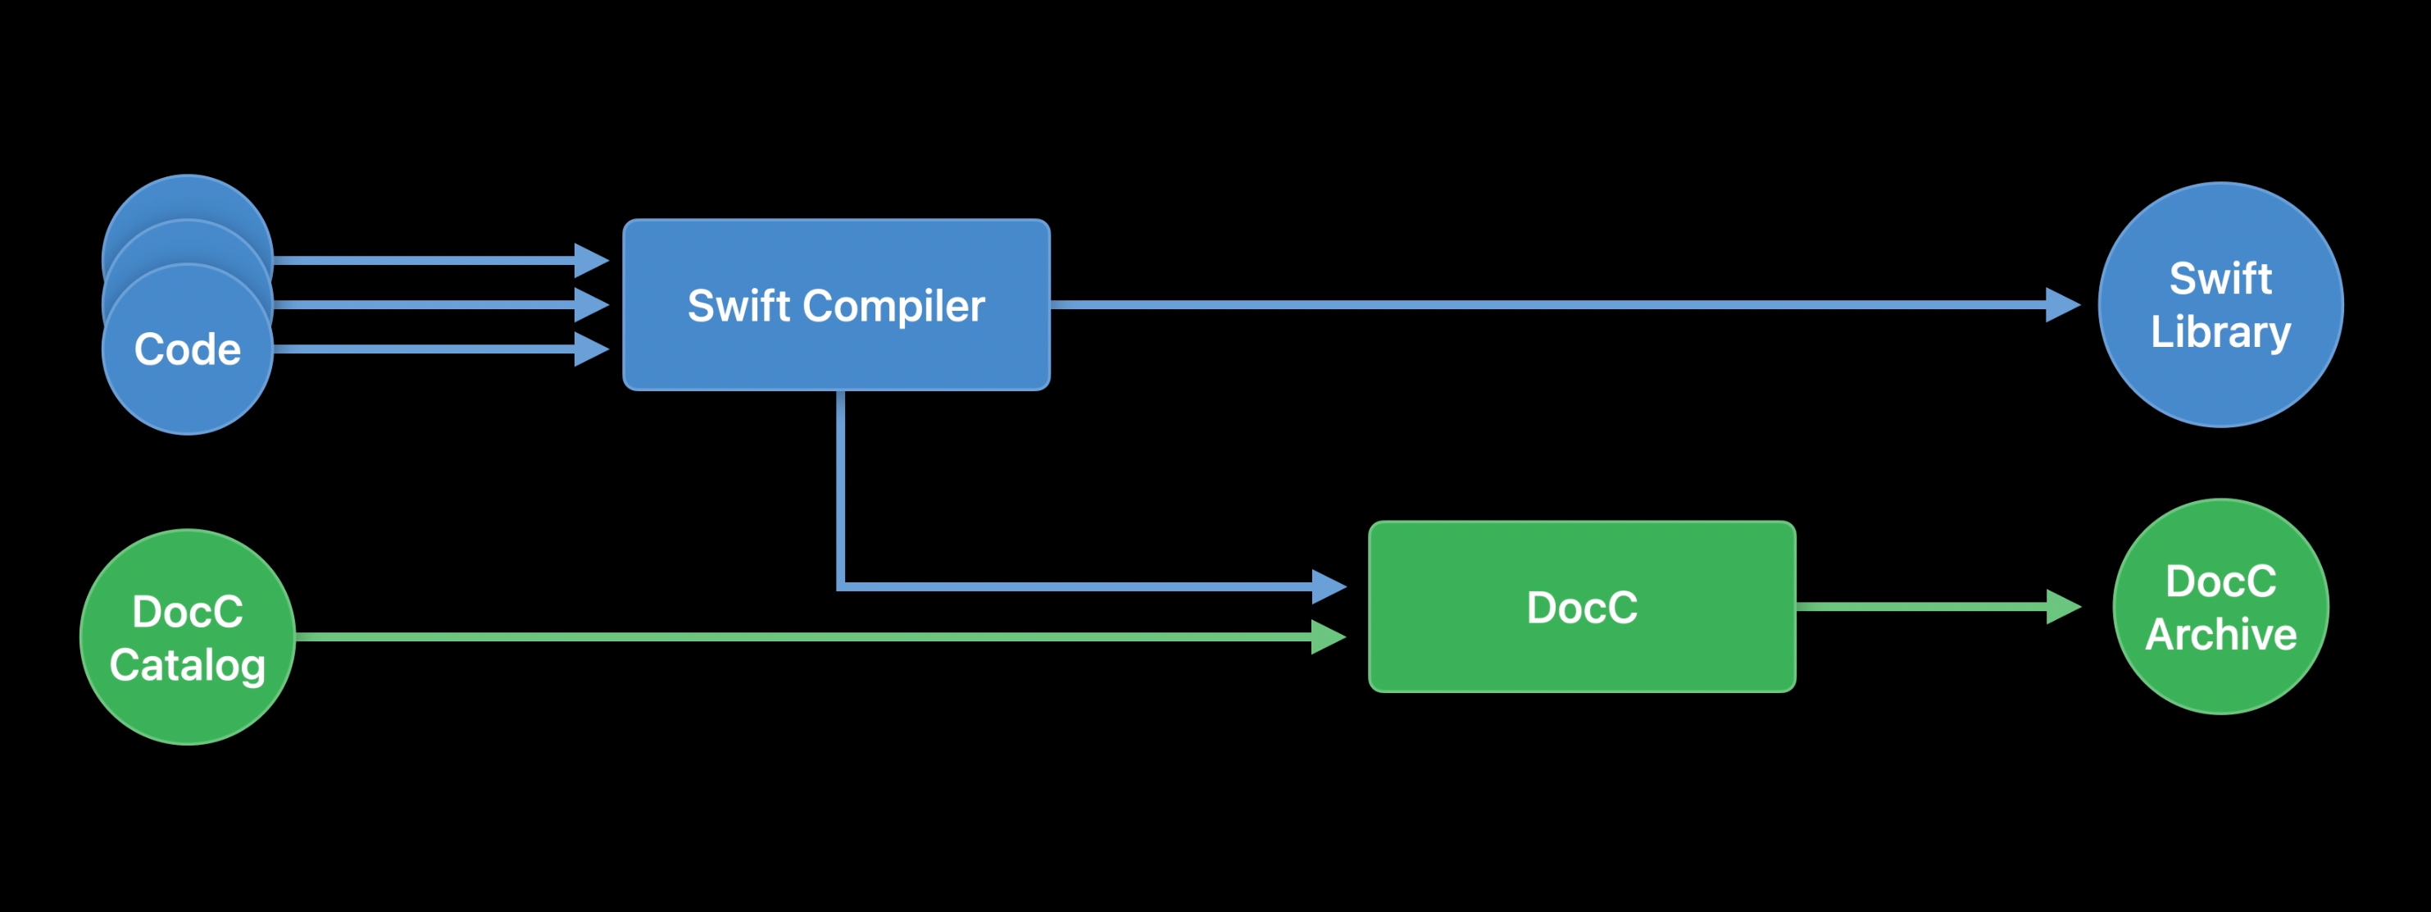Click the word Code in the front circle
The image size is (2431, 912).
pos(187,349)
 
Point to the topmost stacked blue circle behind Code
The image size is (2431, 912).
pos(187,196)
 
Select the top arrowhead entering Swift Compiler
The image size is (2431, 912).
pos(591,260)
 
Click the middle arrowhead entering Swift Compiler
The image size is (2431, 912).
pos(591,305)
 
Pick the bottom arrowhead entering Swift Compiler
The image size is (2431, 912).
pos(591,349)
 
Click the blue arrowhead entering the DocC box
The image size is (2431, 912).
pos(1328,586)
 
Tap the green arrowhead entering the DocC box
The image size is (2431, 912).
pos(1328,636)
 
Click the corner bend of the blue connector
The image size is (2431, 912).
pos(841,586)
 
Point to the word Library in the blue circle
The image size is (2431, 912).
pos(2220,332)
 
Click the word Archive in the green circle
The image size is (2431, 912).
pos(2220,635)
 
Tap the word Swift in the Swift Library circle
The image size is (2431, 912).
pos(2220,279)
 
